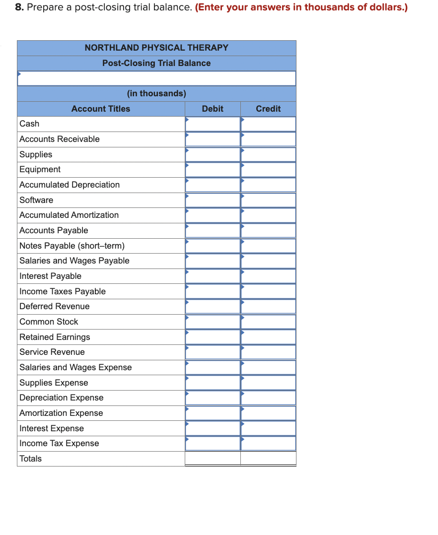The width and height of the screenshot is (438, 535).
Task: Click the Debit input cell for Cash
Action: click(x=213, y=124)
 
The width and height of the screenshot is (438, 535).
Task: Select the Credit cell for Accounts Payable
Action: click(x=268, y=230)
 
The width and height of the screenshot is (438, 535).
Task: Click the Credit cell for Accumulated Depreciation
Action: click(x=268, y=185)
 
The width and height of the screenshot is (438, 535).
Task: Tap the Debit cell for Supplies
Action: click(x=213, y=154)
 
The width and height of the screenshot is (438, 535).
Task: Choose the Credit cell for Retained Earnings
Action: click(x=268, y=337)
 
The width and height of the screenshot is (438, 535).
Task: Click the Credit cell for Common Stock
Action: click(x=268, y=322)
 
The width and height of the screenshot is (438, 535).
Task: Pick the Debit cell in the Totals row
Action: click(x=213, y=459)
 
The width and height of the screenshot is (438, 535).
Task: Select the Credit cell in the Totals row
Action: click(x=268, y=459)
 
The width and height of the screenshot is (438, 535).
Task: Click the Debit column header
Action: click(x=213, y=109)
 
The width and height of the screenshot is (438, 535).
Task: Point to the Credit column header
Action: click(x=268, y=109)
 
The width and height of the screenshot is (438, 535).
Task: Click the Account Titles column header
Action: click(x=101, y=109)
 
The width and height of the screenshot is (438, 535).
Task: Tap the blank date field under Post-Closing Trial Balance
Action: click(x=156, y=78)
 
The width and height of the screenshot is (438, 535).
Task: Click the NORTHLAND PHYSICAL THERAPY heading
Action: click(x=156, y=48)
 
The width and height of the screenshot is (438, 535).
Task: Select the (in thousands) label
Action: click(x=156, y=93)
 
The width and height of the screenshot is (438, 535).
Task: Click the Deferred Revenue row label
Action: click(x=55, y=306)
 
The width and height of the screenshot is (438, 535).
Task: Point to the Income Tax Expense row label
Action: click(x=59, y=443)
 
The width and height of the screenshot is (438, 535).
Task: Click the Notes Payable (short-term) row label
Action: click(x=72, y=246)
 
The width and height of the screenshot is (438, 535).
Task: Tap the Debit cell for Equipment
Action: click(x=213, y=170)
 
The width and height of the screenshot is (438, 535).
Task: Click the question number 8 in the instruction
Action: click(x=19, y=8)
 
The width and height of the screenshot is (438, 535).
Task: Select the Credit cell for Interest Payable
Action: click(x=268, y=276)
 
